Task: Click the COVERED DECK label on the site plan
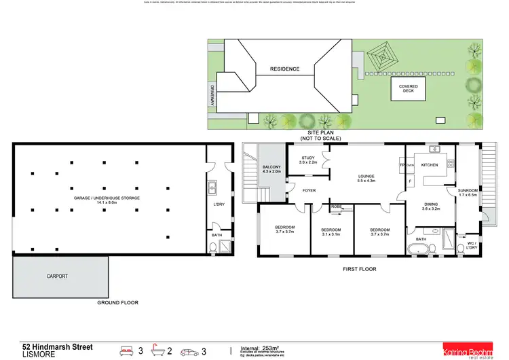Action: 409,89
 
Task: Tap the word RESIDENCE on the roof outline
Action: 284,69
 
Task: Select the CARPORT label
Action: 58,277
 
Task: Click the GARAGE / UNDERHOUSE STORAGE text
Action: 107,200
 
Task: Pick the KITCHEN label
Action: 430,165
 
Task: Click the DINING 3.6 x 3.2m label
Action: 431,206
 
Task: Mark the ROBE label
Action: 336,206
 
